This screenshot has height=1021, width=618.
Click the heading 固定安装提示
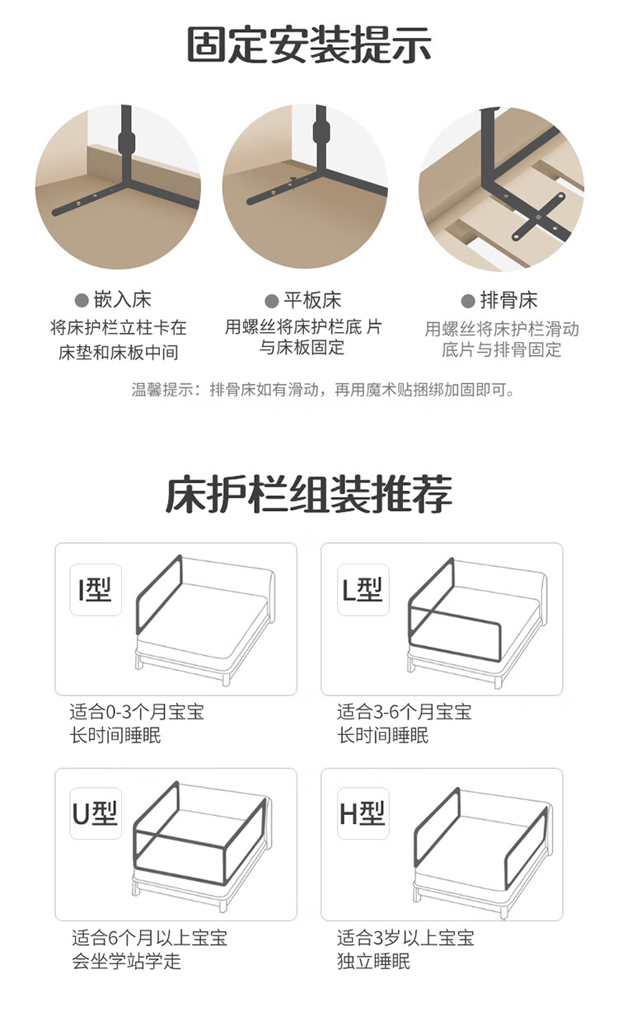(x=309, y=44)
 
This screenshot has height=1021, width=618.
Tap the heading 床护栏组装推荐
(x=309, y=494)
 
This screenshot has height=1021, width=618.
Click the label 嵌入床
(x=122, y=299)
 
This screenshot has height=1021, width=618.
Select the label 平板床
(x=312, y=301)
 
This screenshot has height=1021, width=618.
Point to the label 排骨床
(x=508, y=301)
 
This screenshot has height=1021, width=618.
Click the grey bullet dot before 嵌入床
(x=81, y=301)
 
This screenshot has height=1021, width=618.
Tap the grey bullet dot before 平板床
(x=272, y=302)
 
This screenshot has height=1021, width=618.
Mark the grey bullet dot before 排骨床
(x=468, y=302)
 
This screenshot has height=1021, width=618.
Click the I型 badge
(x=96, y=590)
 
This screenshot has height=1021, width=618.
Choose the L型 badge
(x=363, y=590)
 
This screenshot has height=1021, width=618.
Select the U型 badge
(x=96, y=813)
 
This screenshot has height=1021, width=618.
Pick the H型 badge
(x=363, y=813)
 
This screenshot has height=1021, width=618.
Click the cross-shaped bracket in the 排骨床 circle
(x=539, y=217)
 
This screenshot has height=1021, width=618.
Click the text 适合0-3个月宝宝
(x=137, y=712)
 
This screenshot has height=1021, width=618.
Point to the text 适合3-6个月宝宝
(x=405, y=712)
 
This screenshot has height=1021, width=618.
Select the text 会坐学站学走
(x=127, y=960)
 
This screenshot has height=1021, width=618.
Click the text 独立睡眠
(x=374, y=960)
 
